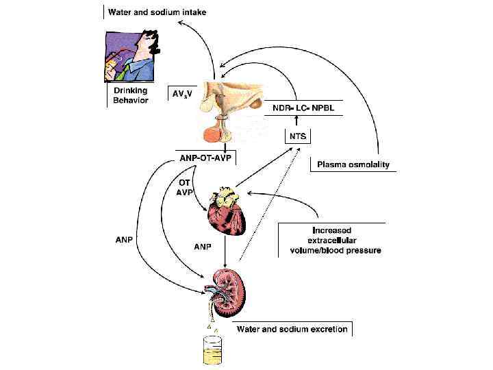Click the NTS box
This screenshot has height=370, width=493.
click(x=296, y=135)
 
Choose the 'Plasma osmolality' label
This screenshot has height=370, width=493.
click(x=353, y=164)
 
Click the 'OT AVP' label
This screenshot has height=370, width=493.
click(x=186, y=187)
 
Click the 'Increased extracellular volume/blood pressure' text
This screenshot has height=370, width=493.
click(x=331, y=241)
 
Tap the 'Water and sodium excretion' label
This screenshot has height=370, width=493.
click(x=292, y=330)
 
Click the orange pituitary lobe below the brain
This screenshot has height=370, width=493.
click(x=219, y=132)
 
